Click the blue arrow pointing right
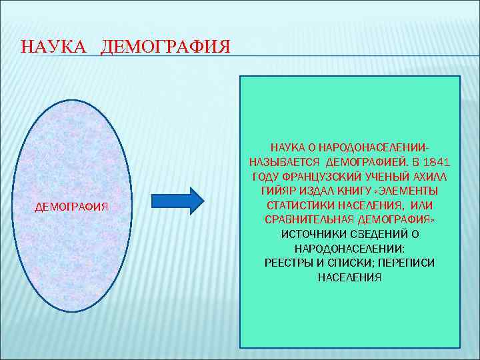point(177,201)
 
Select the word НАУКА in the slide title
point(53,47)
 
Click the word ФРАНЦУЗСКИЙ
point(316,175)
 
